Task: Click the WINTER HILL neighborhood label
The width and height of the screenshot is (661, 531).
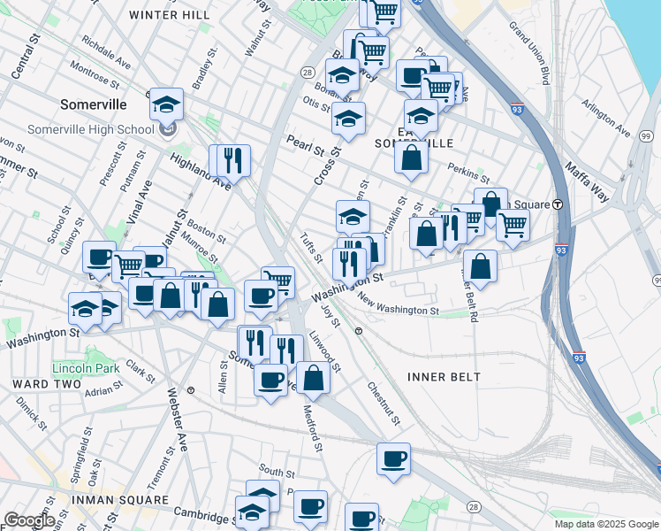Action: click(x=170, y=15)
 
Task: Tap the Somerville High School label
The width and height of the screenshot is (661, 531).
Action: click(x=84, y=129)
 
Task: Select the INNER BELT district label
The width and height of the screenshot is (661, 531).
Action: click(x=444, y=377)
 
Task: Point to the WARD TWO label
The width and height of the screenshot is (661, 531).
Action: click(x=42, y=383)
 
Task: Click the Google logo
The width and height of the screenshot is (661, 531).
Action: click(x=28, y=520)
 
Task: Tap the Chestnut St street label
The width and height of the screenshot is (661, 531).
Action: click(x=384, y=403)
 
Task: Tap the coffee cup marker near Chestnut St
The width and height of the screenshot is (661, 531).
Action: click(x=394, y=459)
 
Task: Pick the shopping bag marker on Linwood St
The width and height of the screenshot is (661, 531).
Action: click(x=313, y=378)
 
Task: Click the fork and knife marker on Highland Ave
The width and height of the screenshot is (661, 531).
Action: click(x=233, y=161)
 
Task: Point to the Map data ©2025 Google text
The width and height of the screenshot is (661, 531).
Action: click(x=605, y=524)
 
